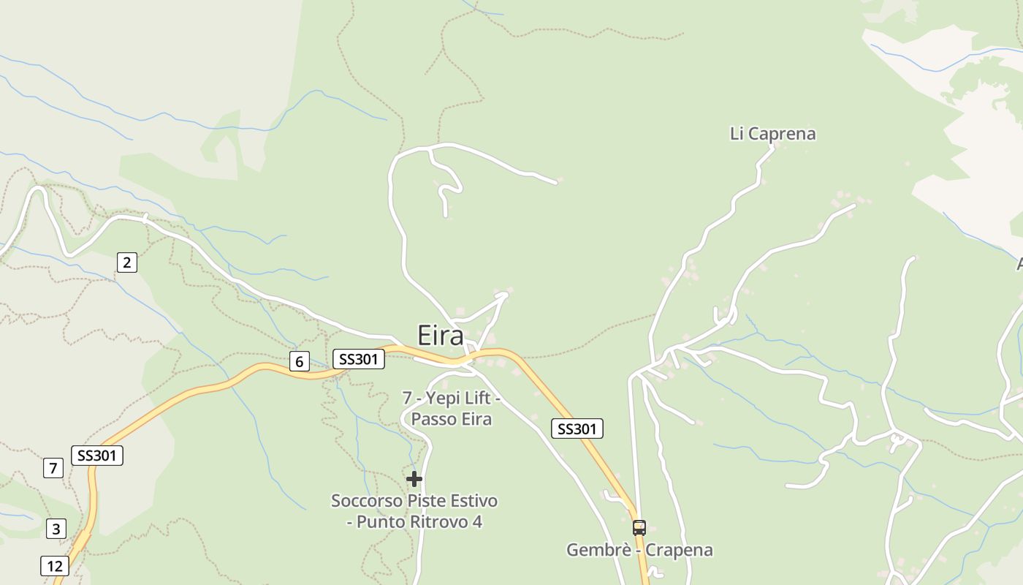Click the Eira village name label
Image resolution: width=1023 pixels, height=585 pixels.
pyautogui.click(x=440, y=336)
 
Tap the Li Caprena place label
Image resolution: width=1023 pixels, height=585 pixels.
pyautogui.click(x=772, y=134)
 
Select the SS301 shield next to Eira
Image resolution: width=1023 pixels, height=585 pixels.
pyautogui.click(x=359, y=359)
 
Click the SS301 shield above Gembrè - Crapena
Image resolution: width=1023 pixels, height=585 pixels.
pyautogui.click(x=577, y=429)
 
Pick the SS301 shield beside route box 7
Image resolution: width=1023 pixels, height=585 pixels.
pyautogui.click(x=97, y=456)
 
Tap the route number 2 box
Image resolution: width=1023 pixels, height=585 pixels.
pyautogui.click(x=126, y=263)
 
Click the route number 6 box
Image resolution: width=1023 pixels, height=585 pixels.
pyautogui.click(x=299, y=361)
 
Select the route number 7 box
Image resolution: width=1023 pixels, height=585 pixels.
pyautogui.click(x=53, y=468)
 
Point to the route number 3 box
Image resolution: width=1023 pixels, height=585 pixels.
pyautogui.click(x=56, y=529)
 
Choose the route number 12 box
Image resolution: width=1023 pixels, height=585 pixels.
pyautogui.click(x=55, y=566)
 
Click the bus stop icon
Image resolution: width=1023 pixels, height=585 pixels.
pyautogui.click(x=639, y=527)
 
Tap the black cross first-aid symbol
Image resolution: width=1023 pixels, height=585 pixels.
pyautogui.click(x=414, y=479)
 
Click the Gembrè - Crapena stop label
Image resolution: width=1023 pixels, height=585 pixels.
pyautogui.click(x=639, y=550)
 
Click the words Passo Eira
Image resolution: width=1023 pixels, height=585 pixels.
pyautogui.click(x=451, y=419)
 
